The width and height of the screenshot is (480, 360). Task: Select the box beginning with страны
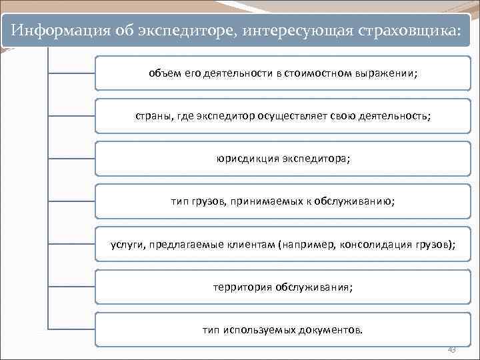283,116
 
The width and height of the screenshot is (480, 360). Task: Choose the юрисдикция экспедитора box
283,159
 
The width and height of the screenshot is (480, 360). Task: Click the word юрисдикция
249,159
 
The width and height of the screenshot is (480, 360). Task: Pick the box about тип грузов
283,201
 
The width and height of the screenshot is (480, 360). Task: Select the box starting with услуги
283,245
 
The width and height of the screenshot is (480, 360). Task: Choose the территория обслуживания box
283,287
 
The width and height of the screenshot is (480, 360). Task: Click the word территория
242,287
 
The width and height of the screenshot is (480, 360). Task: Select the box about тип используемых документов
283,330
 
